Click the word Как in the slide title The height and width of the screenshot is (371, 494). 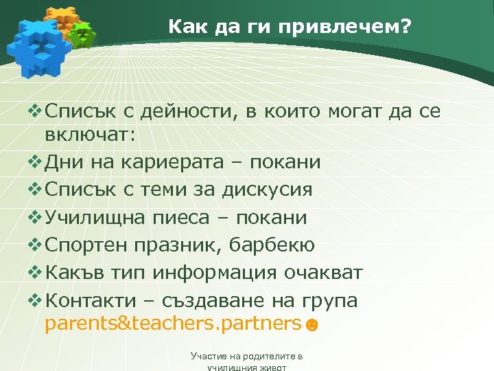185,27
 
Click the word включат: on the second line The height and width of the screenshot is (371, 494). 91,135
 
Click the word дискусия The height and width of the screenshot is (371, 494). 268,190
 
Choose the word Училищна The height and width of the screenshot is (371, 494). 95,217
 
